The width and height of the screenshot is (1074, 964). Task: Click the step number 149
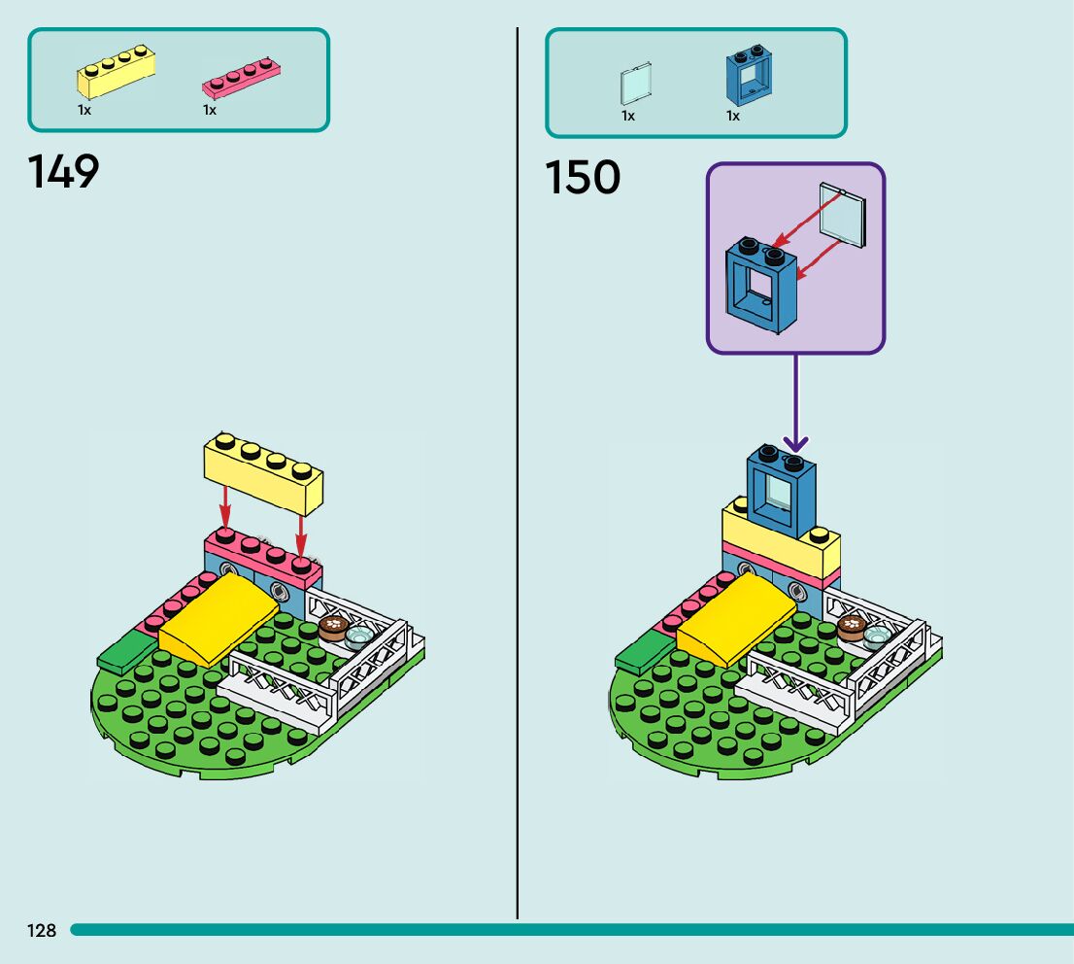(x=64, y=172)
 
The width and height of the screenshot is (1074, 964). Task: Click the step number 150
(x=582, y=178)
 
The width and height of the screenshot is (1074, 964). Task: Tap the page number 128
(x=42, y=931)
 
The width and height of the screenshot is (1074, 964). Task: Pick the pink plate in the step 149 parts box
(x=241, y=78)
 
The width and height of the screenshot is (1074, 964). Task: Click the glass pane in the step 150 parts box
(x=635, y=85)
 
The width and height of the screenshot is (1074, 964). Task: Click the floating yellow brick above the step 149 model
(x=262, y=473)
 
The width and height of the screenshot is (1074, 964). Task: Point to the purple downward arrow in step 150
(x=795, y=408)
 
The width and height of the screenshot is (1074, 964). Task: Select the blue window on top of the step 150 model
(x=781, y=491)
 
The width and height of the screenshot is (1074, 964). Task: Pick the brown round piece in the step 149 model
(x=333, y=627)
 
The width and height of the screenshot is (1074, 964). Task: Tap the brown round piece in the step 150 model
(x=852, y=628)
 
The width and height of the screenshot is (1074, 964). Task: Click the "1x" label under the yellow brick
(x=84, y=111)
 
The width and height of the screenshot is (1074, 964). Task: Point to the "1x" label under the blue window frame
(x=733, y=117)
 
